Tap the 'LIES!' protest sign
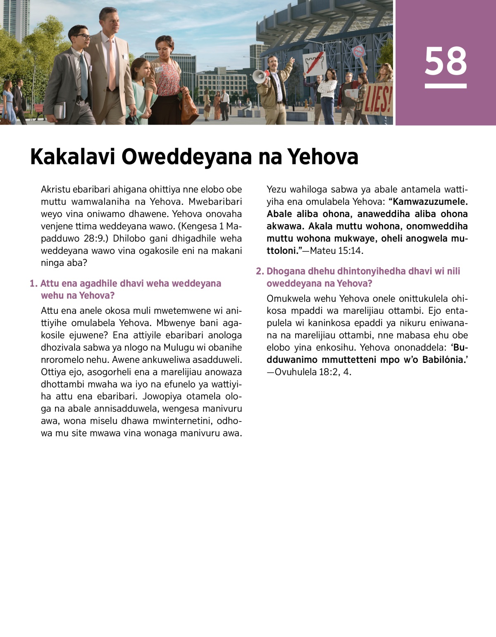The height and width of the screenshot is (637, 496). coord(377,99)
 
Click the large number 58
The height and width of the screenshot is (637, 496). coord(446,62)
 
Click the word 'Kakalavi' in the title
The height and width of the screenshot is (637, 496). coord(72,157)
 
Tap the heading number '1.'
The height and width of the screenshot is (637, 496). coord(33,284)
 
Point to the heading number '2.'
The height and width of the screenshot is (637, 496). coord(260,271)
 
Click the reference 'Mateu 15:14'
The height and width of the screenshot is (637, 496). coord(336,251)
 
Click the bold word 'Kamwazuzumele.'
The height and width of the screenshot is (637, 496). coord(431,202)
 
